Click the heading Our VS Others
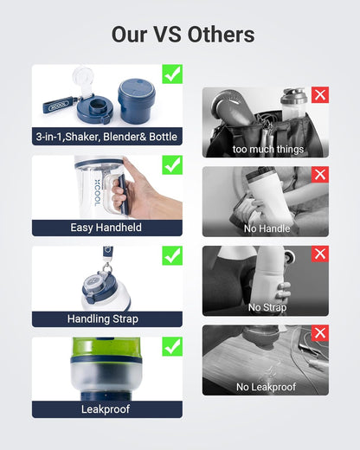(183, 34)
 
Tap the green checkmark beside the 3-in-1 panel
(172, 74)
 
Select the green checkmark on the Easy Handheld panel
(172, 165)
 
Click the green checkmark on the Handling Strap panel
(172, 256)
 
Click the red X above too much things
(320, 95)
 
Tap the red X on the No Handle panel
(320, 175)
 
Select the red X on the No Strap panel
(320, 254)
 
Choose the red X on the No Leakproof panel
(320, 334)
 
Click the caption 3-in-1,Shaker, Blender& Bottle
(107, 137)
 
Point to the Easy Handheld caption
(107, 228)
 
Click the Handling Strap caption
(107, 318)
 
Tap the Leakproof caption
(107, 408)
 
